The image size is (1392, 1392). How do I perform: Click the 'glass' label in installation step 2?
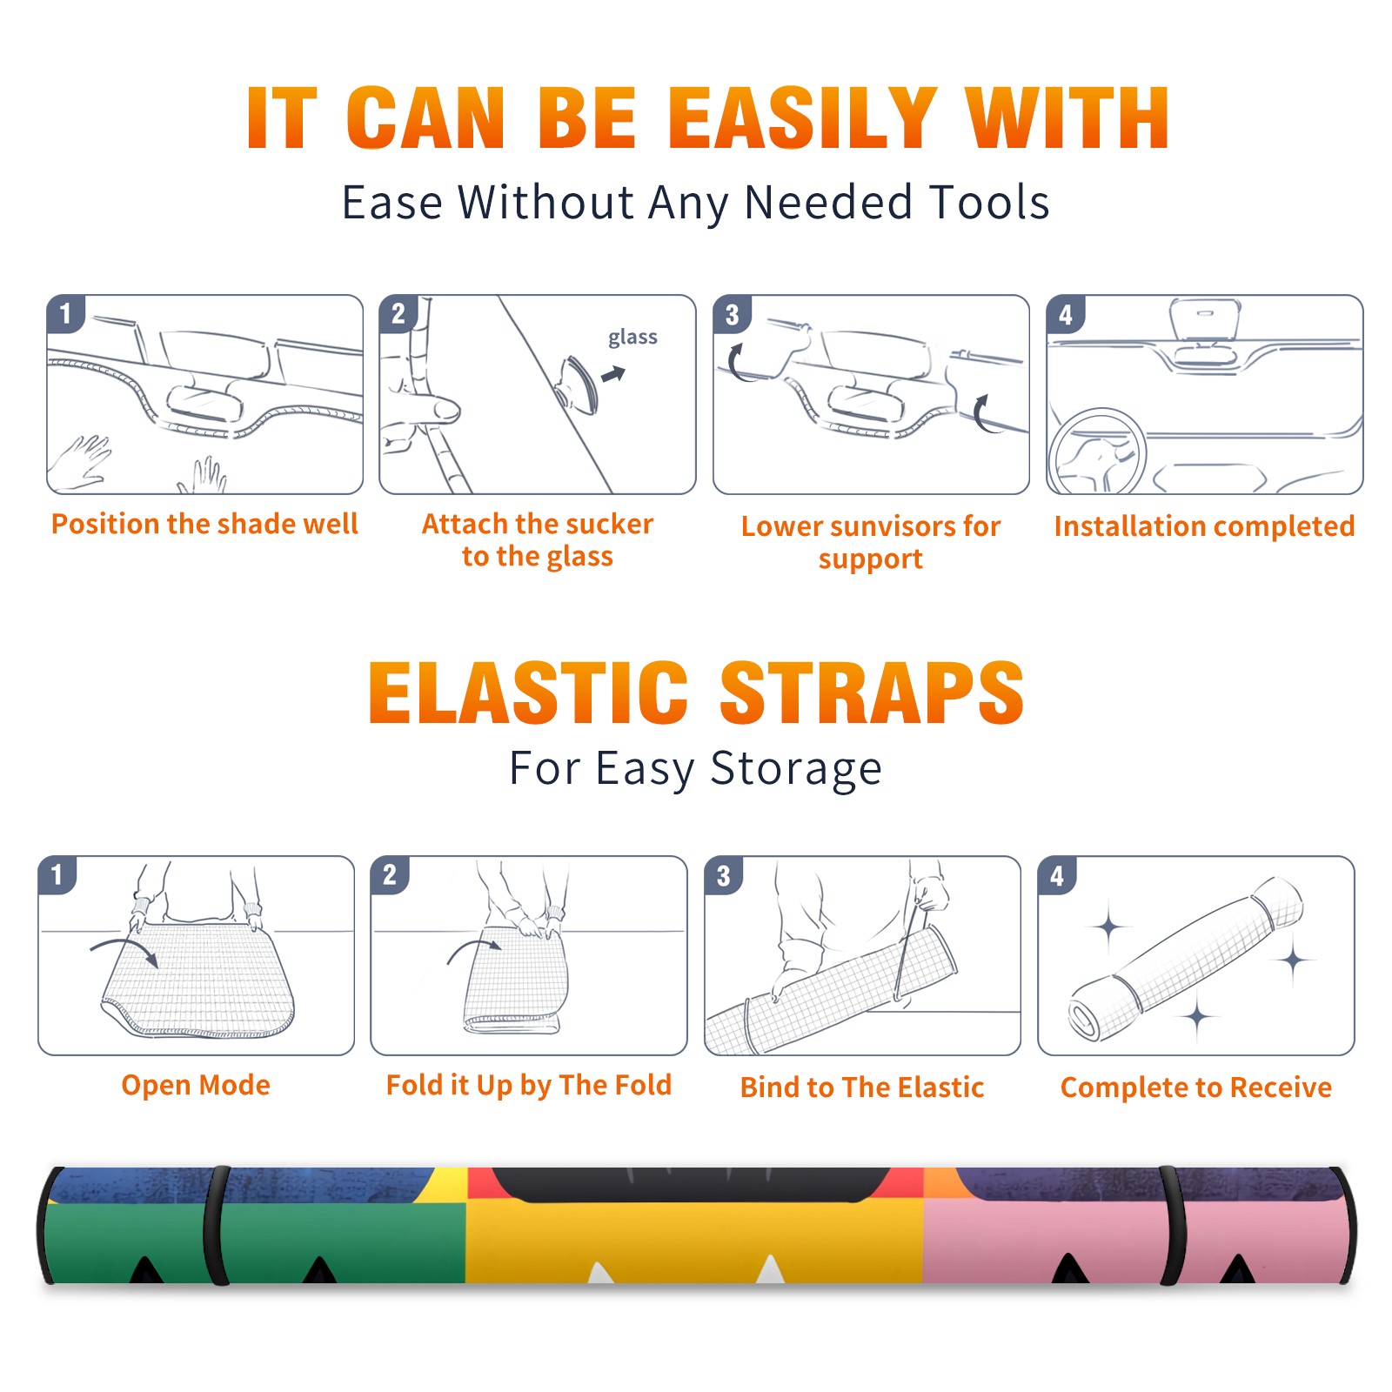tap(632, 338)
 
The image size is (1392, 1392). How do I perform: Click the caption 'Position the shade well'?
tap(204, 524)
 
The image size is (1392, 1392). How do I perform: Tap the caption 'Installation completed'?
tap(1204, 525)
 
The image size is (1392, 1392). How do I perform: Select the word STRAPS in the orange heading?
tap(872, 693)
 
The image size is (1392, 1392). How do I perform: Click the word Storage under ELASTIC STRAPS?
tap(796, 769)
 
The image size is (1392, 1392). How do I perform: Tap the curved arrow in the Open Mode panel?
tap(125, 950)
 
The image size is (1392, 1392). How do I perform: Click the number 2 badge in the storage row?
tap(390, 874)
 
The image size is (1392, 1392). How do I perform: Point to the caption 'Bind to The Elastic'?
tap(861, 1087)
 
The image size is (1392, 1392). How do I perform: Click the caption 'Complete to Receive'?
tap(1195, 1087)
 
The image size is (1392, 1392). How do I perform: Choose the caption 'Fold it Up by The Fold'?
tap(528, 1085)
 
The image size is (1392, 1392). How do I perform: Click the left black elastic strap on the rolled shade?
tap(216, 1226)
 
